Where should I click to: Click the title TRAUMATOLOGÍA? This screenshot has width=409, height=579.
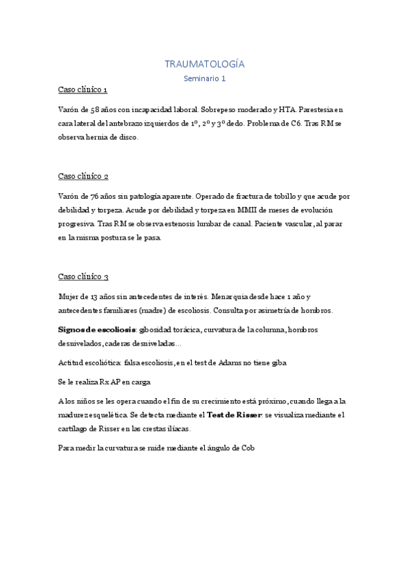(x=204, y=64)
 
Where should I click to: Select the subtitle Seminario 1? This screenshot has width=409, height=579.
(x=204, y=79)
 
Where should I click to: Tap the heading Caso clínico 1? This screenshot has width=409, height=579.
(x=83, y=89)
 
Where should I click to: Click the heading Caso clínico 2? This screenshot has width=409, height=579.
(x=83, y=176)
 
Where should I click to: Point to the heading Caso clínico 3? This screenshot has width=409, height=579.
(x=83, y=277)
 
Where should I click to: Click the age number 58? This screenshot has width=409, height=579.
(x=98, y=109)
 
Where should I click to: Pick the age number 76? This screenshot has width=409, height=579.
(x=98, y=196)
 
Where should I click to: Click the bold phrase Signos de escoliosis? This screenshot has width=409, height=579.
(x=96, y=329)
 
